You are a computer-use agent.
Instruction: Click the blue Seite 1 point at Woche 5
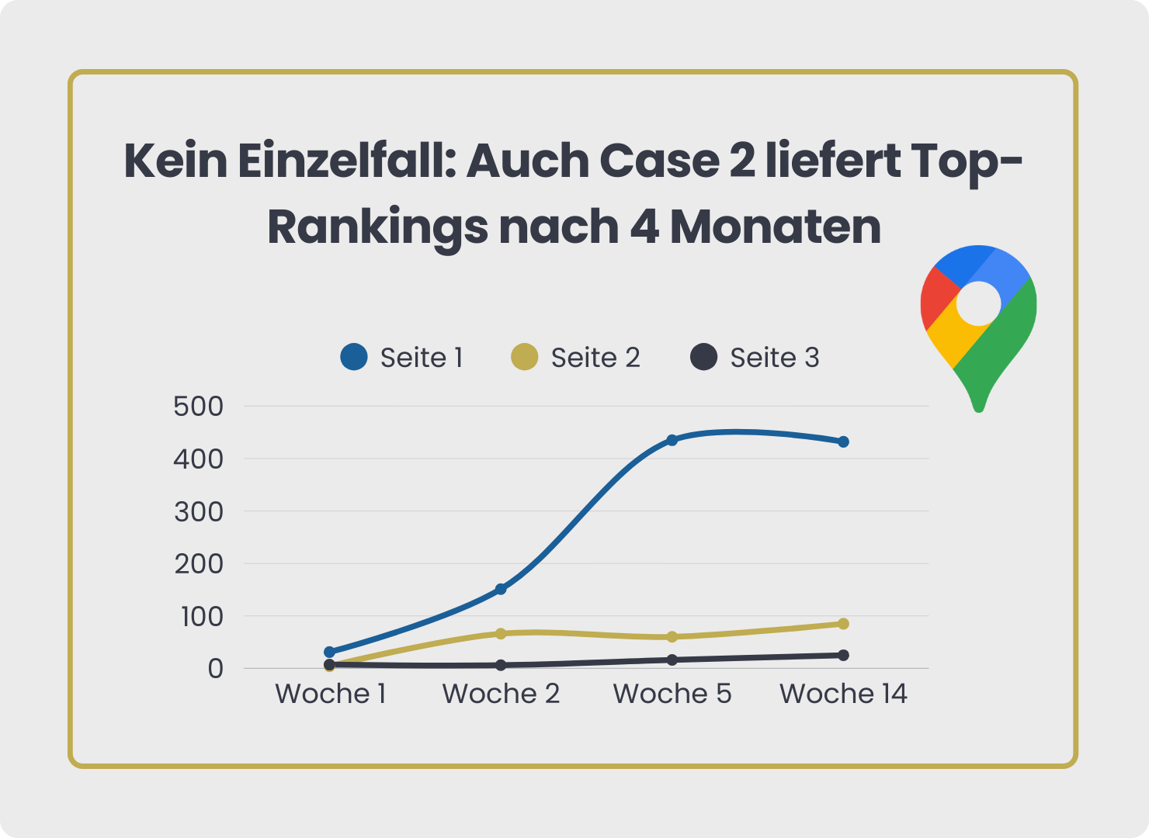coord(672,440)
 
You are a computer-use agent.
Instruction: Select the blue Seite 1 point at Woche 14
coord(843,442)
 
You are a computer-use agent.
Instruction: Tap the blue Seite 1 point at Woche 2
coord(501,589)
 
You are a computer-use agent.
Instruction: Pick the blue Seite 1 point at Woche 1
coord(330,652)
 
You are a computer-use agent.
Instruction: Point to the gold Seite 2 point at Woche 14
coord(843,624)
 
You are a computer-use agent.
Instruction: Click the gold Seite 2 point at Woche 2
coord(501,633)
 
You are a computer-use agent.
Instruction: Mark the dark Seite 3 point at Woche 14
coord(843,655)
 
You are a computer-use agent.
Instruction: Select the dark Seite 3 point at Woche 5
coord(672,660)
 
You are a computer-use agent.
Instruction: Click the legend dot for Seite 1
coord(354,357)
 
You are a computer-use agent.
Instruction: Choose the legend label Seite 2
coord(595,358)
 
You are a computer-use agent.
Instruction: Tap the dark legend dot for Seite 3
coord(703,357)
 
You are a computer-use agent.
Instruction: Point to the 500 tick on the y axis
coord(199,406)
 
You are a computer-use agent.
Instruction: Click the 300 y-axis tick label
coord(199,511)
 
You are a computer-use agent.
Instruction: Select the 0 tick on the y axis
coord(215,668)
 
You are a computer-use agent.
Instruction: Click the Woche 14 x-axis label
coord(843,694)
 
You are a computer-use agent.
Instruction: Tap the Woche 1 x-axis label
coord(331,694)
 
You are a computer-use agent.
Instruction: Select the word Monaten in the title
coord(776,227)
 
